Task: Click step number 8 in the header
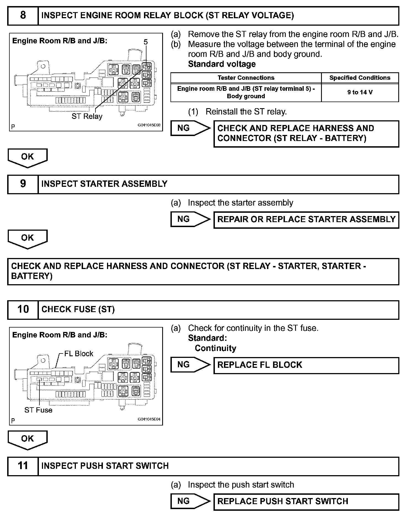click(23, 15)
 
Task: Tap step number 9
click(23, 184)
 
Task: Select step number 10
click(23, 309)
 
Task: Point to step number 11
click(23, 466)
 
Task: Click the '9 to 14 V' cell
click(360, 92)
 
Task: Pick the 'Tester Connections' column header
click(246, 78)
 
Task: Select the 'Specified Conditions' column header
click(360, 78)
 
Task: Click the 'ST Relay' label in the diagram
click(87, 116)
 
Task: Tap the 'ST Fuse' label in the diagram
click(38, 410)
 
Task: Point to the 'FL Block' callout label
click(79, 354)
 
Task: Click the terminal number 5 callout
click(146, 42)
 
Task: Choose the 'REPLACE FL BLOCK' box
click(306, 365)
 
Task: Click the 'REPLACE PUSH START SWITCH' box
click(306, 501)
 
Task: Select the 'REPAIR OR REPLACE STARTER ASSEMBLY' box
click(306, 219)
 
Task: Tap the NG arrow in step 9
click(190, 219)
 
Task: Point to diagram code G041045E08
click(149, 125)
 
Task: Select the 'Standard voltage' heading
click(222, 64)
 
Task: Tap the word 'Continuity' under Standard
click(215, 348)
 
